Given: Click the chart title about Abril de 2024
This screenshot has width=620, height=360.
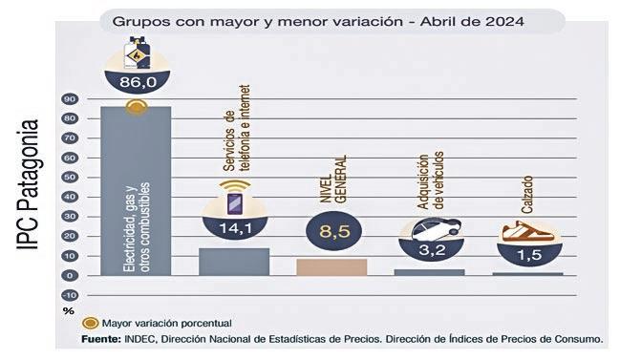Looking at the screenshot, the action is coord(318,21).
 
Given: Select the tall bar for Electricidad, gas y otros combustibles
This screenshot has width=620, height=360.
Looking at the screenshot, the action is coord(136,191).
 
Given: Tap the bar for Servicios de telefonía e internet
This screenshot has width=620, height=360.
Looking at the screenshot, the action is coord(234,262).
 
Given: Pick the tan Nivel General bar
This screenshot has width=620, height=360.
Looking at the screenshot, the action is coord(331,267).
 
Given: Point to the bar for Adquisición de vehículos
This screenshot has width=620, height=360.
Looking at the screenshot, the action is coord(429,272).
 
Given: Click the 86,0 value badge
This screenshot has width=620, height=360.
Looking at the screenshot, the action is coord(138,82).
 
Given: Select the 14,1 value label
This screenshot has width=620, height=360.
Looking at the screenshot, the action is coord(235,228).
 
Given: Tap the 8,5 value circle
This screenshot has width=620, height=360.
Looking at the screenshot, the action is coord(334,231).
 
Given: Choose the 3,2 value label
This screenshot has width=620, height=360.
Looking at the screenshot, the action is coord(432,250).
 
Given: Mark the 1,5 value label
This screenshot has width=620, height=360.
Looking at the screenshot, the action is coord(529,255).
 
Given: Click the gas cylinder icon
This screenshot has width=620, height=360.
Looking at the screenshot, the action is coord(137,53).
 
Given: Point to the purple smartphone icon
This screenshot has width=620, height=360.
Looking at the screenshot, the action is coord(234,204).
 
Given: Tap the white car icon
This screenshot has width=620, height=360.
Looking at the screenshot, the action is coord(436,228).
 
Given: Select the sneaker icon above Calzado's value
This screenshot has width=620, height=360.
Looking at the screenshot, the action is coord(528,232).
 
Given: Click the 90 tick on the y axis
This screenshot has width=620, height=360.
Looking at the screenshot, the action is coord(70,98).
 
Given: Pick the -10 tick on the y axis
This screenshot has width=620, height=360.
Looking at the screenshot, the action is coord(70,295).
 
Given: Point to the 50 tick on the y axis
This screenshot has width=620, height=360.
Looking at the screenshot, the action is coord(70,177).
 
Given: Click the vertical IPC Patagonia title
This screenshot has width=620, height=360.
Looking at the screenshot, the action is coord(28,184).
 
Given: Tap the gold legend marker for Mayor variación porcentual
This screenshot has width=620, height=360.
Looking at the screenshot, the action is coord(90,324).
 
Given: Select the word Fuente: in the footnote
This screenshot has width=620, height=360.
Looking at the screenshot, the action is coord(101,339).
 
